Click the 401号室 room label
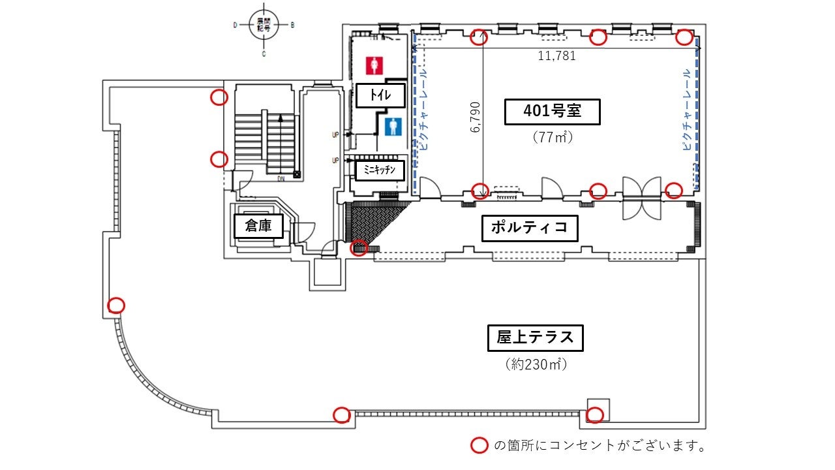tap(552, 112)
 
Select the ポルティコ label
tap(530, 228)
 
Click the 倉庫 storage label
tap(258, 227)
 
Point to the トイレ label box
tap(380, 95)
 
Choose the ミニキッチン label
tap(379, 171)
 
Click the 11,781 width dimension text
tap(556, 55)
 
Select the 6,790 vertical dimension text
tap(475, 116)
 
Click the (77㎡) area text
tap(552, 137)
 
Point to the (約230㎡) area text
tap(536, 364)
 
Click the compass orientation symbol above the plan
tap(264, 25)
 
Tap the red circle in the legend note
tap(479, 446)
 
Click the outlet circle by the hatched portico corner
tap(358, 248)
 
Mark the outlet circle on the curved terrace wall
tap(116, 305)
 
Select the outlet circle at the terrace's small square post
tap(594, 415)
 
